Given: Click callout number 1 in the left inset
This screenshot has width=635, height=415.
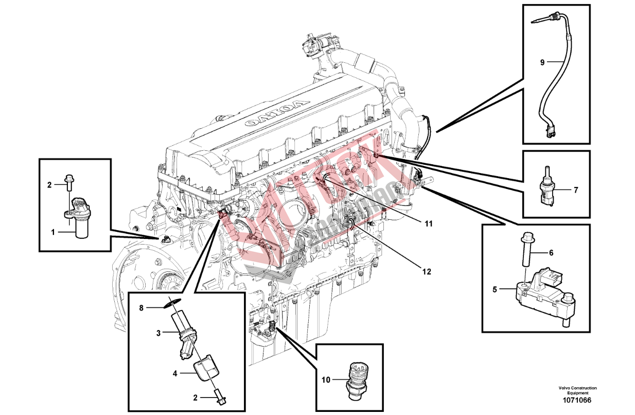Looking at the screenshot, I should click(52, 232).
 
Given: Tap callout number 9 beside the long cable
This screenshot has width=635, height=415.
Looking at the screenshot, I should click(542, 62).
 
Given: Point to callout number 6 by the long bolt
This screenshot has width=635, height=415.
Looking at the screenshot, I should click(551, 253).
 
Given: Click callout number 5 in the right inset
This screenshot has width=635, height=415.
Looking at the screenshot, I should click(495, 289).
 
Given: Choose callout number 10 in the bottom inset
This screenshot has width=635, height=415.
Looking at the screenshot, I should click(325, 381).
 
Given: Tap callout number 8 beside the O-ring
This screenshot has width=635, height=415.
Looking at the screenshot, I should click(142, 308).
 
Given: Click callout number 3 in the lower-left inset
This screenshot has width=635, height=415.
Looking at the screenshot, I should click(159, 333).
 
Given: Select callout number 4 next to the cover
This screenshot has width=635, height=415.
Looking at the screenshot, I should click(175, 374).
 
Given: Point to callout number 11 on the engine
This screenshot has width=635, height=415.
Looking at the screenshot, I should click(429, 224).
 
